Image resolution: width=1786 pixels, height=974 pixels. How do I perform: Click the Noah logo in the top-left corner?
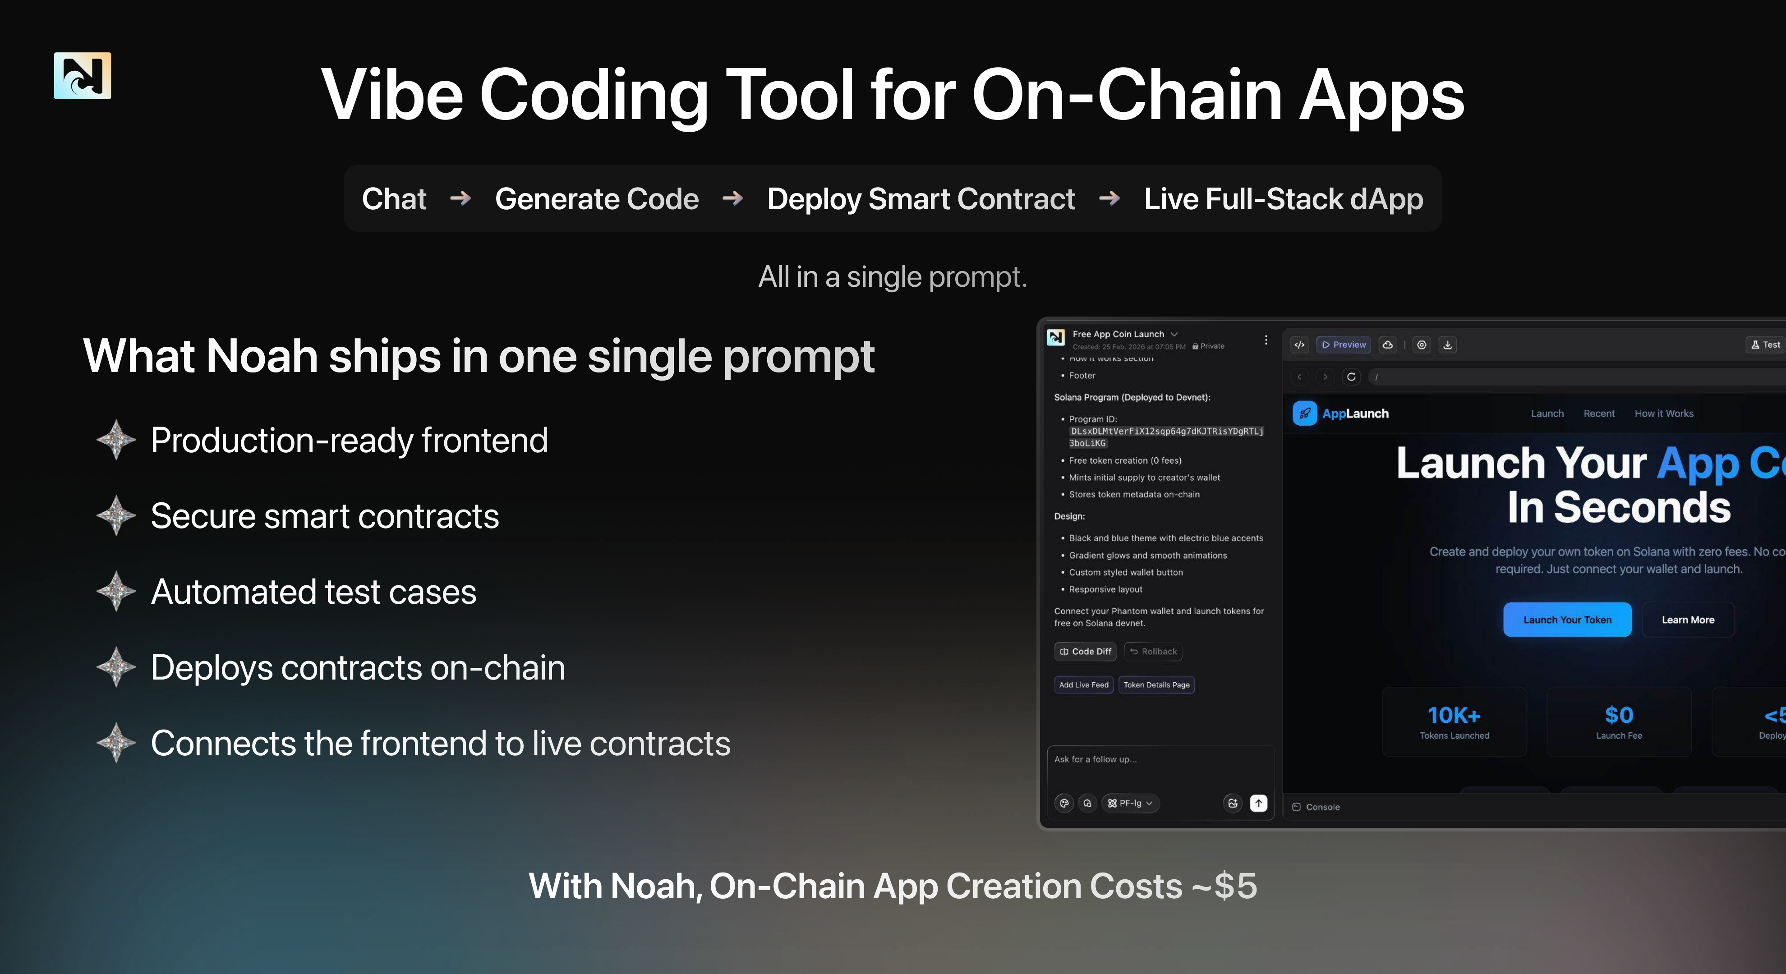[83, 76]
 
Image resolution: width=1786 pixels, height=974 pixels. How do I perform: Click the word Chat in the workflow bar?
[394, 199]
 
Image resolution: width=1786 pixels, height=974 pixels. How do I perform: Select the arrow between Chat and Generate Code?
[460, 199]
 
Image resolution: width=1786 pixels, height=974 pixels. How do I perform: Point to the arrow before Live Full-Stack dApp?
[1109, 199]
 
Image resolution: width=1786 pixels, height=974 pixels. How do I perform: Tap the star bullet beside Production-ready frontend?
[116, 440]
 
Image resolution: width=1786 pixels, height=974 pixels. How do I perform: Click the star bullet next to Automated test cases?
[116, 591]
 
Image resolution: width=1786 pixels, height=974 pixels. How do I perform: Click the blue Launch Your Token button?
[1567, 620]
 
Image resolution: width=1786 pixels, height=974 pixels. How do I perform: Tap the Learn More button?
[1688, 620]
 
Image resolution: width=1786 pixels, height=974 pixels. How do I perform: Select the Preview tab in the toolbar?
[1344, 345]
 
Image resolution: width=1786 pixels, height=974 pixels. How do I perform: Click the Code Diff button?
[1085, 652]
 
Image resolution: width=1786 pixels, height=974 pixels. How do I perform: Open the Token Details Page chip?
[1156, 685]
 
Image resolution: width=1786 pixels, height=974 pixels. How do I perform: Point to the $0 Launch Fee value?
[1619, 716]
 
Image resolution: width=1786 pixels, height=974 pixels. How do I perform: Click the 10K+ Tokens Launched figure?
[1454, 716]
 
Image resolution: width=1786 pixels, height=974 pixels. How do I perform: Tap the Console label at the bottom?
[1322, 807]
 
